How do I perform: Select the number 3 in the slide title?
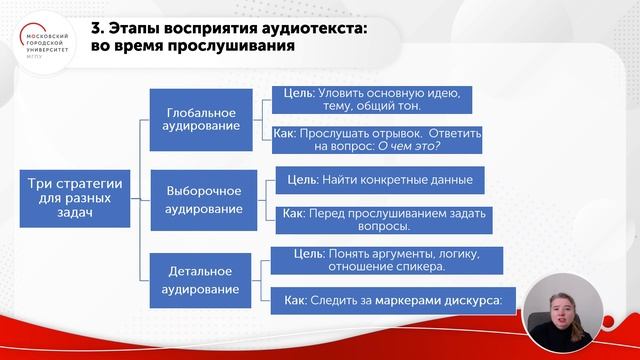pyautogui.click(x=123, y=28)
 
